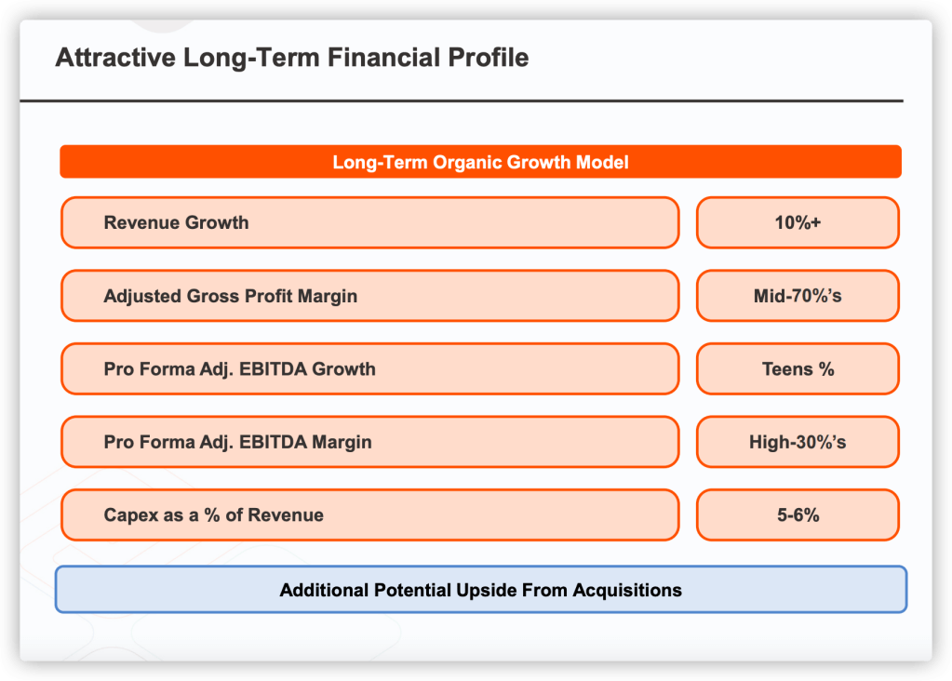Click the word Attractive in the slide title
click(115, 58)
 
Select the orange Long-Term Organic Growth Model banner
click(480, 162)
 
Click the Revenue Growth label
click(176, 222)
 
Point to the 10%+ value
click(798, 222)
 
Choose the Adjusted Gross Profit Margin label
click(231, 296)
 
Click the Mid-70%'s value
click(798, 296)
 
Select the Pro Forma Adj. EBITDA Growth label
click(240, 369)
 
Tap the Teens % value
click(798, 369)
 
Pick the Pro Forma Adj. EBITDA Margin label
click(238, 442)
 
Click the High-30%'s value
click(798, 442)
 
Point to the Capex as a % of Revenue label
click(214, 515)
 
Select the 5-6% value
click(798, 515)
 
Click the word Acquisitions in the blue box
click(627, 590)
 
